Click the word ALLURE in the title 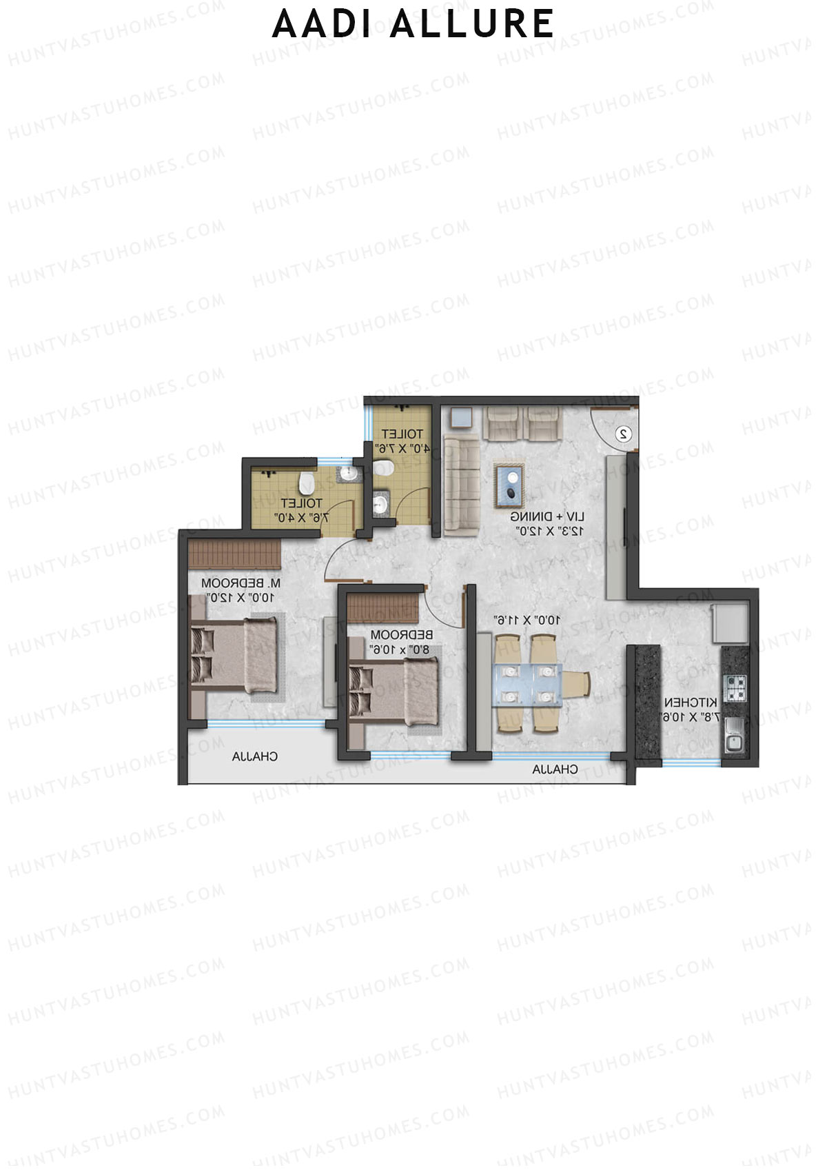[x=471, y=25]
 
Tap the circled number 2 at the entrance [x=623, y=434]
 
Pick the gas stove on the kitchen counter [x=735, y=688]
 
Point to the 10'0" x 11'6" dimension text [x=528, y=620]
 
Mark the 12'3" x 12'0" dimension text [x=550, y=531]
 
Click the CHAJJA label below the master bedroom [x=255, y=756]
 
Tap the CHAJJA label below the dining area [x=555, y=769]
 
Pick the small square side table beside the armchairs [x=461, y=418]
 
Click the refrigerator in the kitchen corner [x=731, y=623]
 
